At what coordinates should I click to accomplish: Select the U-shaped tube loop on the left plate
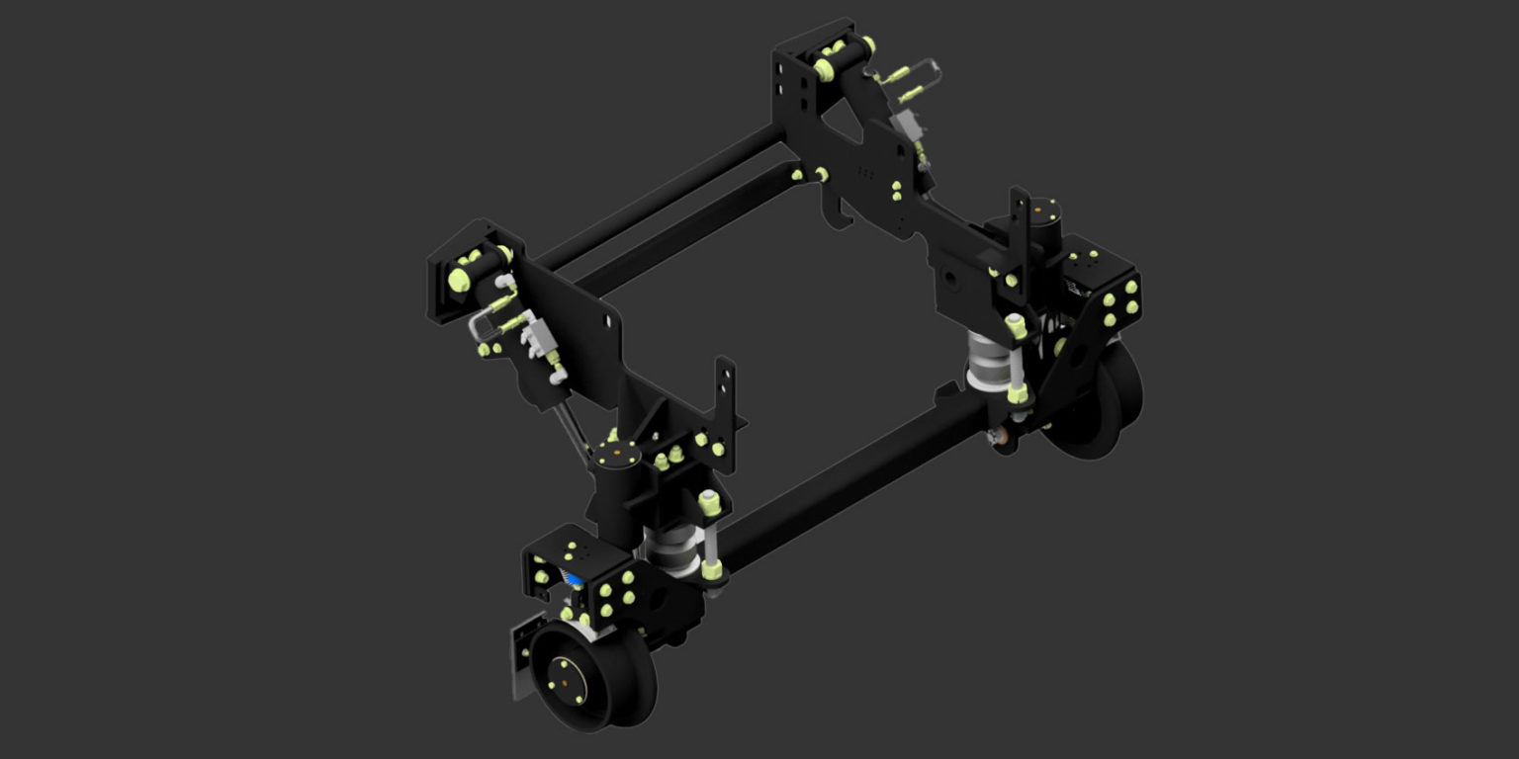click(479, 325)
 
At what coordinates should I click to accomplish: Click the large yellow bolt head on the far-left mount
click(459, 279)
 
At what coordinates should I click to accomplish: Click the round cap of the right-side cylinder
click(1042, 211)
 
